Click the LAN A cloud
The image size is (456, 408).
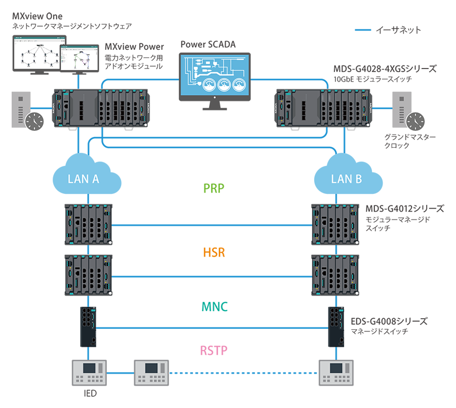tap(83, 177)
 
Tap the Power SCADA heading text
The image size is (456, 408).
tap(208, 44)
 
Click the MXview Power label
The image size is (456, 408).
tap(134, 47)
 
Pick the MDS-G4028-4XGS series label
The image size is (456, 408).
tap(385, 69)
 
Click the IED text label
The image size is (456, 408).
tap(90, 393)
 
